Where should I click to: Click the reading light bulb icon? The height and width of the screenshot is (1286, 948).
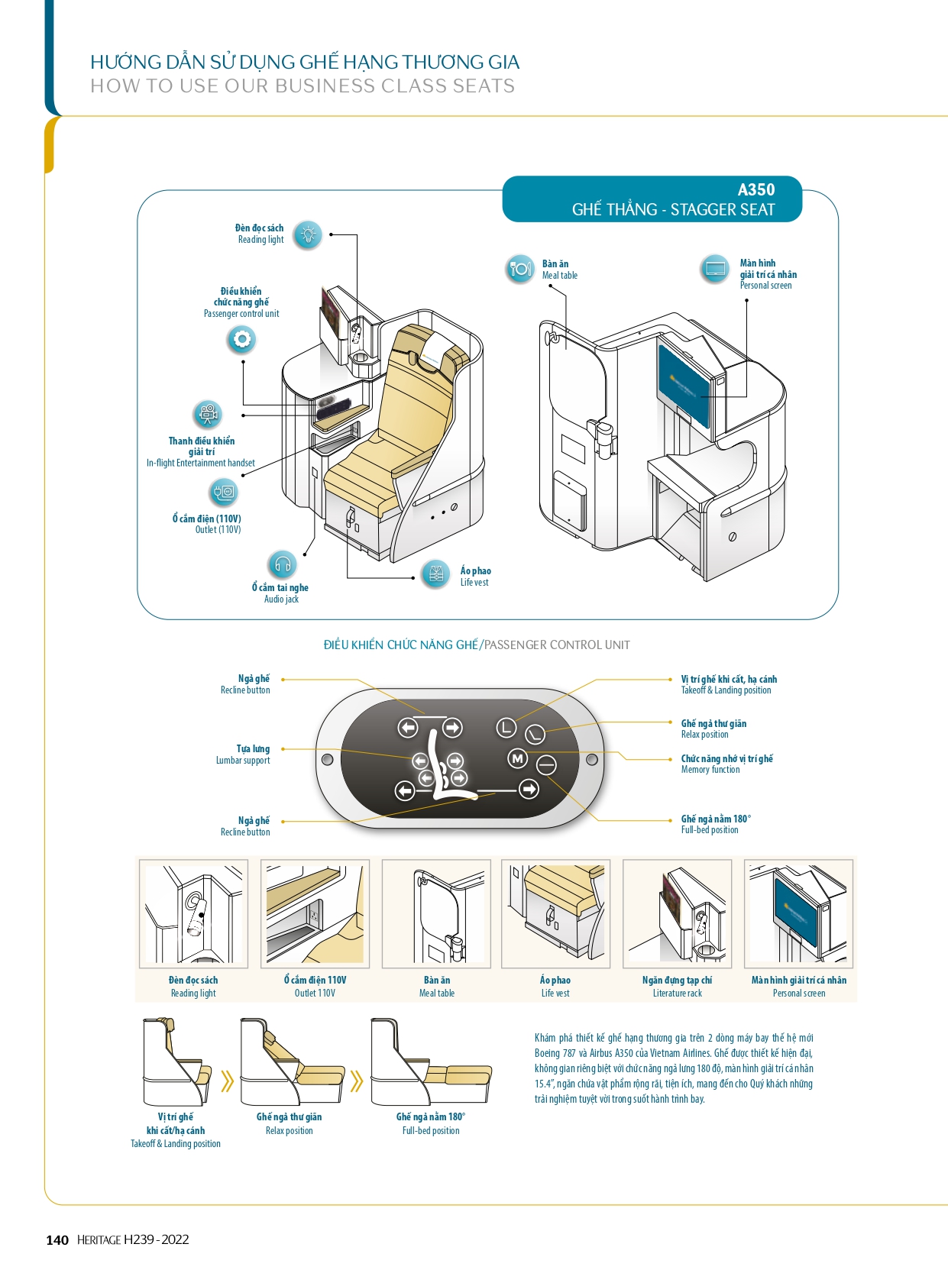(x=308, y=234)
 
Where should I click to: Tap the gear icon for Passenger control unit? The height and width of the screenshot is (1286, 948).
(x=241, y=339)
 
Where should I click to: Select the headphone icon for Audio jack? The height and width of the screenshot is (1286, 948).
(x=283, y=565)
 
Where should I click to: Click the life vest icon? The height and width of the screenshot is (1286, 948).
(x=435, y=574)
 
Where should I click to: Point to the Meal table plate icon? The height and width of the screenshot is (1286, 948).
(x=520, y=269)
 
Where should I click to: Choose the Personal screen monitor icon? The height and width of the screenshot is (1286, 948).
(x=715, y=269)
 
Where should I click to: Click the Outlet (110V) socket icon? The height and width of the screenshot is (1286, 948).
(x=225, y=493)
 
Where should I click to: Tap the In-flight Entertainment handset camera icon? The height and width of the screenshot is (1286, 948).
(x=207, y=415)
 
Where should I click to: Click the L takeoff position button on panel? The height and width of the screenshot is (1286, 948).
(x=506, y=728)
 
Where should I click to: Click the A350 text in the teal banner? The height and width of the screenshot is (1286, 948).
(x=756, y=190)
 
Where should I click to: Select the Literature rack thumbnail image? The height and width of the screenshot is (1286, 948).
(x=677, y=914)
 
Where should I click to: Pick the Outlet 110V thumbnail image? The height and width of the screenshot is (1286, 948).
(x=315, y=914)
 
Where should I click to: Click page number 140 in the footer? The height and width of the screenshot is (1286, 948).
(x=57, y=1240)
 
